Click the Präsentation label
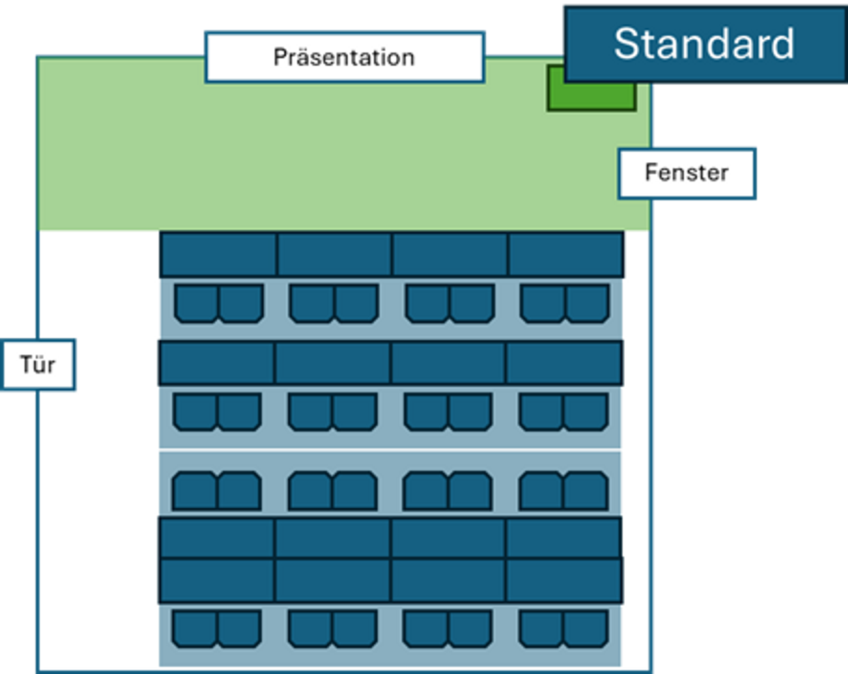344,57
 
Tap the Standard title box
704,44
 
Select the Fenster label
687,173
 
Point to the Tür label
38,365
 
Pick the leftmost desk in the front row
218,254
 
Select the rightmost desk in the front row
565,254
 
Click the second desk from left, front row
334,254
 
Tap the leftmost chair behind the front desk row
196,303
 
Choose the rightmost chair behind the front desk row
587,303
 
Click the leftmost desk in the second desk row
217,363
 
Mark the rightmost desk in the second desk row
564,363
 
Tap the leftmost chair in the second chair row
195,412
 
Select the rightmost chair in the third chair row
586,491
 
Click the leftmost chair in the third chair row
195,491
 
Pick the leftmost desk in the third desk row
217,538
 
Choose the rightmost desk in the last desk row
564,581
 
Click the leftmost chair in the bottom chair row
195,628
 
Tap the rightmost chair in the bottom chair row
586,628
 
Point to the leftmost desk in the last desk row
217,581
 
